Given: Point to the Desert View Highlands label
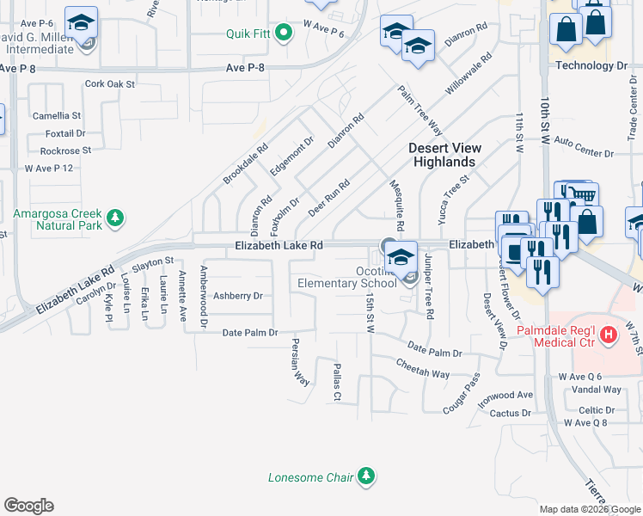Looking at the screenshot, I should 444,155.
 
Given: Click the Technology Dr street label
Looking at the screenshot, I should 591,65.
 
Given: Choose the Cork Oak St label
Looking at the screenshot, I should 111,84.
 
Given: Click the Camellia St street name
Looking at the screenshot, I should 57,115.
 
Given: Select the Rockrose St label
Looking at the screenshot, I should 65,150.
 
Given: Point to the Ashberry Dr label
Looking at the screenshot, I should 237,296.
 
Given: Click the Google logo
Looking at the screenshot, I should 28,506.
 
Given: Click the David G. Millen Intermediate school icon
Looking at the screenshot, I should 82,24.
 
